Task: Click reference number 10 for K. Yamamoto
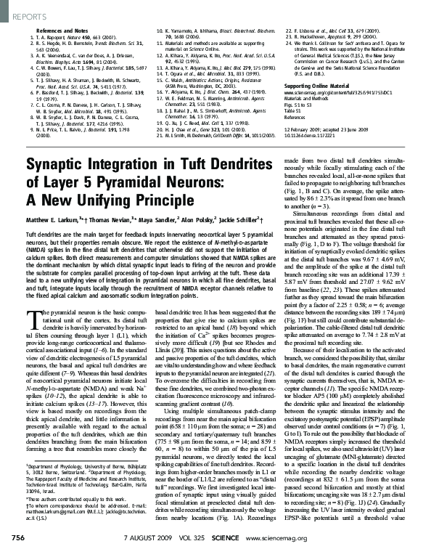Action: pyautogui.click(x=160, y=23)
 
